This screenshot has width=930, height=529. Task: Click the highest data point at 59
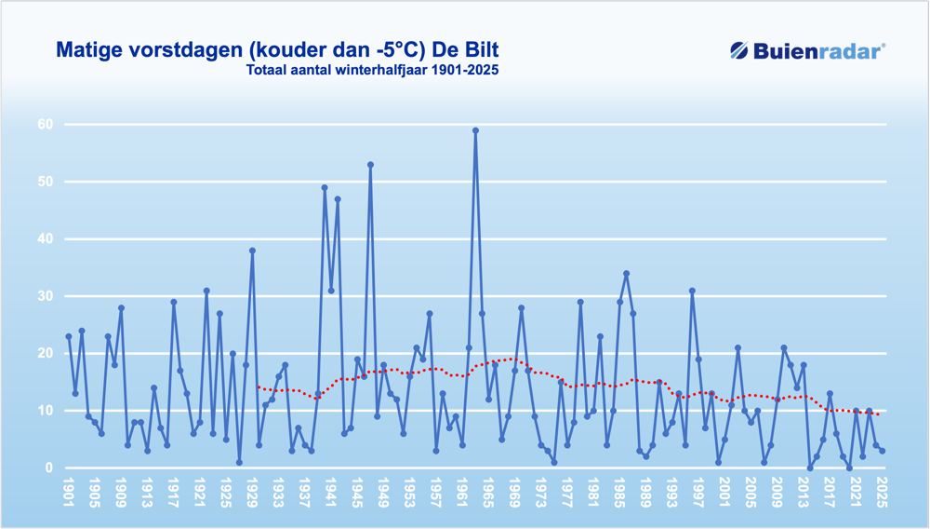(475, 130)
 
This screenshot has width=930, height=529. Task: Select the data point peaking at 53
(370, 165)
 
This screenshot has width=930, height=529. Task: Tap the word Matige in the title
(89, 48)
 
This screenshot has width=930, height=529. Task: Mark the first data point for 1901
(69, 336)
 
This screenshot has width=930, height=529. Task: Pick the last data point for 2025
(882, 451)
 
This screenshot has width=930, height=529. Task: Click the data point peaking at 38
(252, 251)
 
